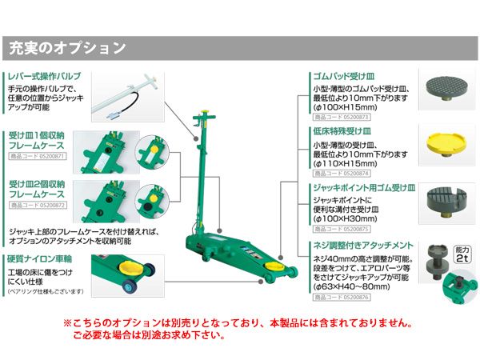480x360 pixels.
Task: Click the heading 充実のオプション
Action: coord(67,48)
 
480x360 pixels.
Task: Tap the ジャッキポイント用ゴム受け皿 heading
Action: coord(362,188)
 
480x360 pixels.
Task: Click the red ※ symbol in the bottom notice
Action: coord(68,325)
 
